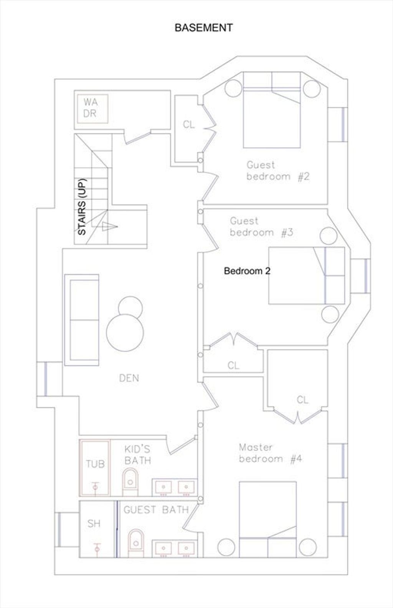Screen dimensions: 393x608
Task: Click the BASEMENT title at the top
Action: pos(203,28)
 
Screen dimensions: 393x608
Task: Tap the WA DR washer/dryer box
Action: pos(93,108)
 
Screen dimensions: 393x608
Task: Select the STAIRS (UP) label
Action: pos(82,206)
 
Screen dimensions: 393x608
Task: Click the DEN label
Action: pos(129,378)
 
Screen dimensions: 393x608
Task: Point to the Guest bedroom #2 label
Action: pos(278,171)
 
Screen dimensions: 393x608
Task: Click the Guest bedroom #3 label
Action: pos(261,227)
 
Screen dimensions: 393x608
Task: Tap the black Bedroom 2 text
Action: pos(247,271)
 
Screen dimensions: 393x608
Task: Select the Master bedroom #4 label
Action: pos(270,453)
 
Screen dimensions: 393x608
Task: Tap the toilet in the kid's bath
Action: pos(130,482)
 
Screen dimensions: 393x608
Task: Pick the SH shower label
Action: pos(94,523)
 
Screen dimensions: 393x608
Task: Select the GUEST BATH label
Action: pos(156,510)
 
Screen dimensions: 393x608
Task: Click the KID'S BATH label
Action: pos(138,455)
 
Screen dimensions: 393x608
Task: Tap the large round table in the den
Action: pos(125,333)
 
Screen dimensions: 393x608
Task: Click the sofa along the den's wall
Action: pos(82,320)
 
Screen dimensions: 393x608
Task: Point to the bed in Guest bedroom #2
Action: pos(272,110)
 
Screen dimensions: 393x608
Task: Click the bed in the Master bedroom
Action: pos(268,520)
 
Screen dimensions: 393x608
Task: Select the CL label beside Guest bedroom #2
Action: pos(189,125)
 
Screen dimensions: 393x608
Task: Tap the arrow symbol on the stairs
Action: pos(110,226)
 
